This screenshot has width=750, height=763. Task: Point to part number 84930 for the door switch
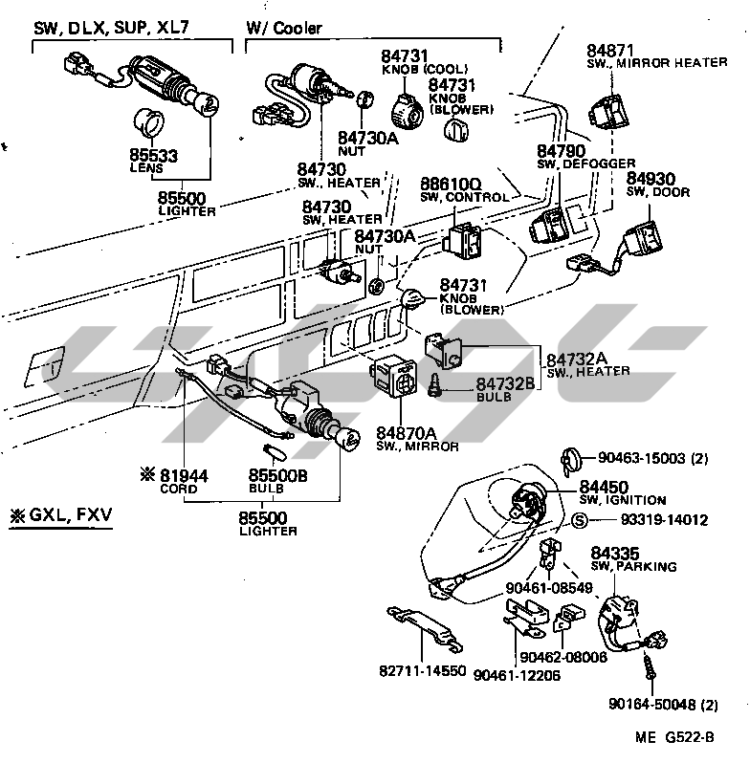[x=651, y=178]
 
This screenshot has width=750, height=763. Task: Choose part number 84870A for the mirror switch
[x=407, y=432]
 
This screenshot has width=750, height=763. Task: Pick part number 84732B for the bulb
[x=503, y=383]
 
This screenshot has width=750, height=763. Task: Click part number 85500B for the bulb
[x=277, y=475]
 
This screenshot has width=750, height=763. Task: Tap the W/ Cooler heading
[x=284, y=29]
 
